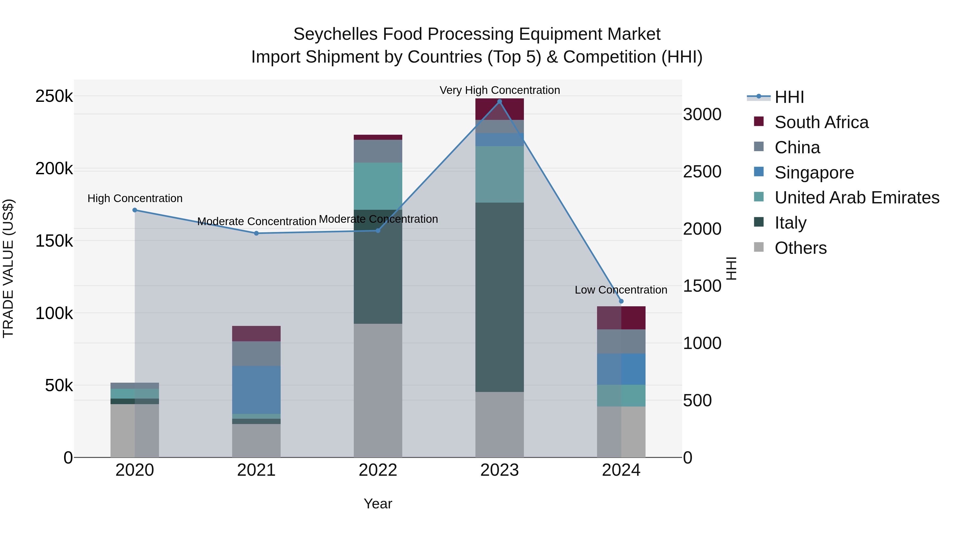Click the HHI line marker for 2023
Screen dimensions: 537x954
point(499,102)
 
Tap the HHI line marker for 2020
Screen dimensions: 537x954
point(135,210)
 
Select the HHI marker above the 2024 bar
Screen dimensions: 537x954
point(621,301)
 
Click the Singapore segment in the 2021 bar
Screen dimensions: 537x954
point(256,390)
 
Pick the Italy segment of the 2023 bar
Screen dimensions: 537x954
point(499,296)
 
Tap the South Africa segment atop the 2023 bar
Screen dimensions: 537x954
point(499,109)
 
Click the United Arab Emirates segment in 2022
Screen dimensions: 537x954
point(378,186)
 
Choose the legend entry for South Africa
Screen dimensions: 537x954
point(821,122)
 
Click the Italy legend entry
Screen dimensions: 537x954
point(790,223)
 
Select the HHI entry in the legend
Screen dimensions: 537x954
point(789,97)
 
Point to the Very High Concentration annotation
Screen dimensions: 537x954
point(499,90)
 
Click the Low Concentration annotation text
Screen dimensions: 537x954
point(621,290)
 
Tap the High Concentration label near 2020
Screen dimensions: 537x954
point(135,198)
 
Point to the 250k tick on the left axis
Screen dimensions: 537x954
point(54,96)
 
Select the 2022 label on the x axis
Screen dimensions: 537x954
point(378,470)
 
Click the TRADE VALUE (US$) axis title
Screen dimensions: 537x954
point(8,268)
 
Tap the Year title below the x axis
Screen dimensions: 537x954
point(378,504)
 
